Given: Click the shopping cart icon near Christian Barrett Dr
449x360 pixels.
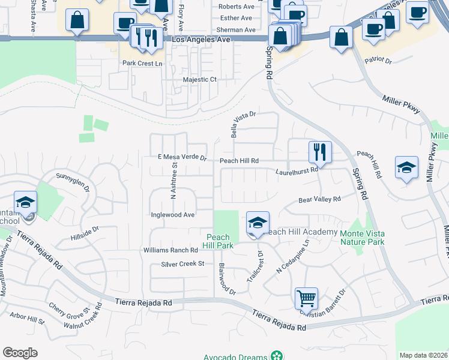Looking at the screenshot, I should (x=306, y=298).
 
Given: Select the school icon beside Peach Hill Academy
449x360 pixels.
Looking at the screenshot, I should (x=258, y=223).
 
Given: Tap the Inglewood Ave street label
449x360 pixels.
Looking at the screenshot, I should (x=173, y=215).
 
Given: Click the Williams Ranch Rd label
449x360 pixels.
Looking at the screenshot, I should (x=170, y=250).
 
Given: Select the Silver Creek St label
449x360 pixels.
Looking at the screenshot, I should (x=183, y=264).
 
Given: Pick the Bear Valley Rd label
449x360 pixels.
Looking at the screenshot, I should (x=320, y=199).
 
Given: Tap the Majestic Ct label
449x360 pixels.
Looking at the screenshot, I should (x=199, y=79).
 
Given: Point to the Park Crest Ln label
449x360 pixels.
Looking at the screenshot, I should (x=142, y=63).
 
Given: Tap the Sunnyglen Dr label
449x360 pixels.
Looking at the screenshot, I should (x=73, y=178).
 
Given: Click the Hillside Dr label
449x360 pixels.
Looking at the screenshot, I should (x=84, y=229).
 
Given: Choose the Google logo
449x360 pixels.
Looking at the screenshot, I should (x=20, y=353).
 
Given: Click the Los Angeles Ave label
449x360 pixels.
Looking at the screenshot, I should (x=201, y=39).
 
